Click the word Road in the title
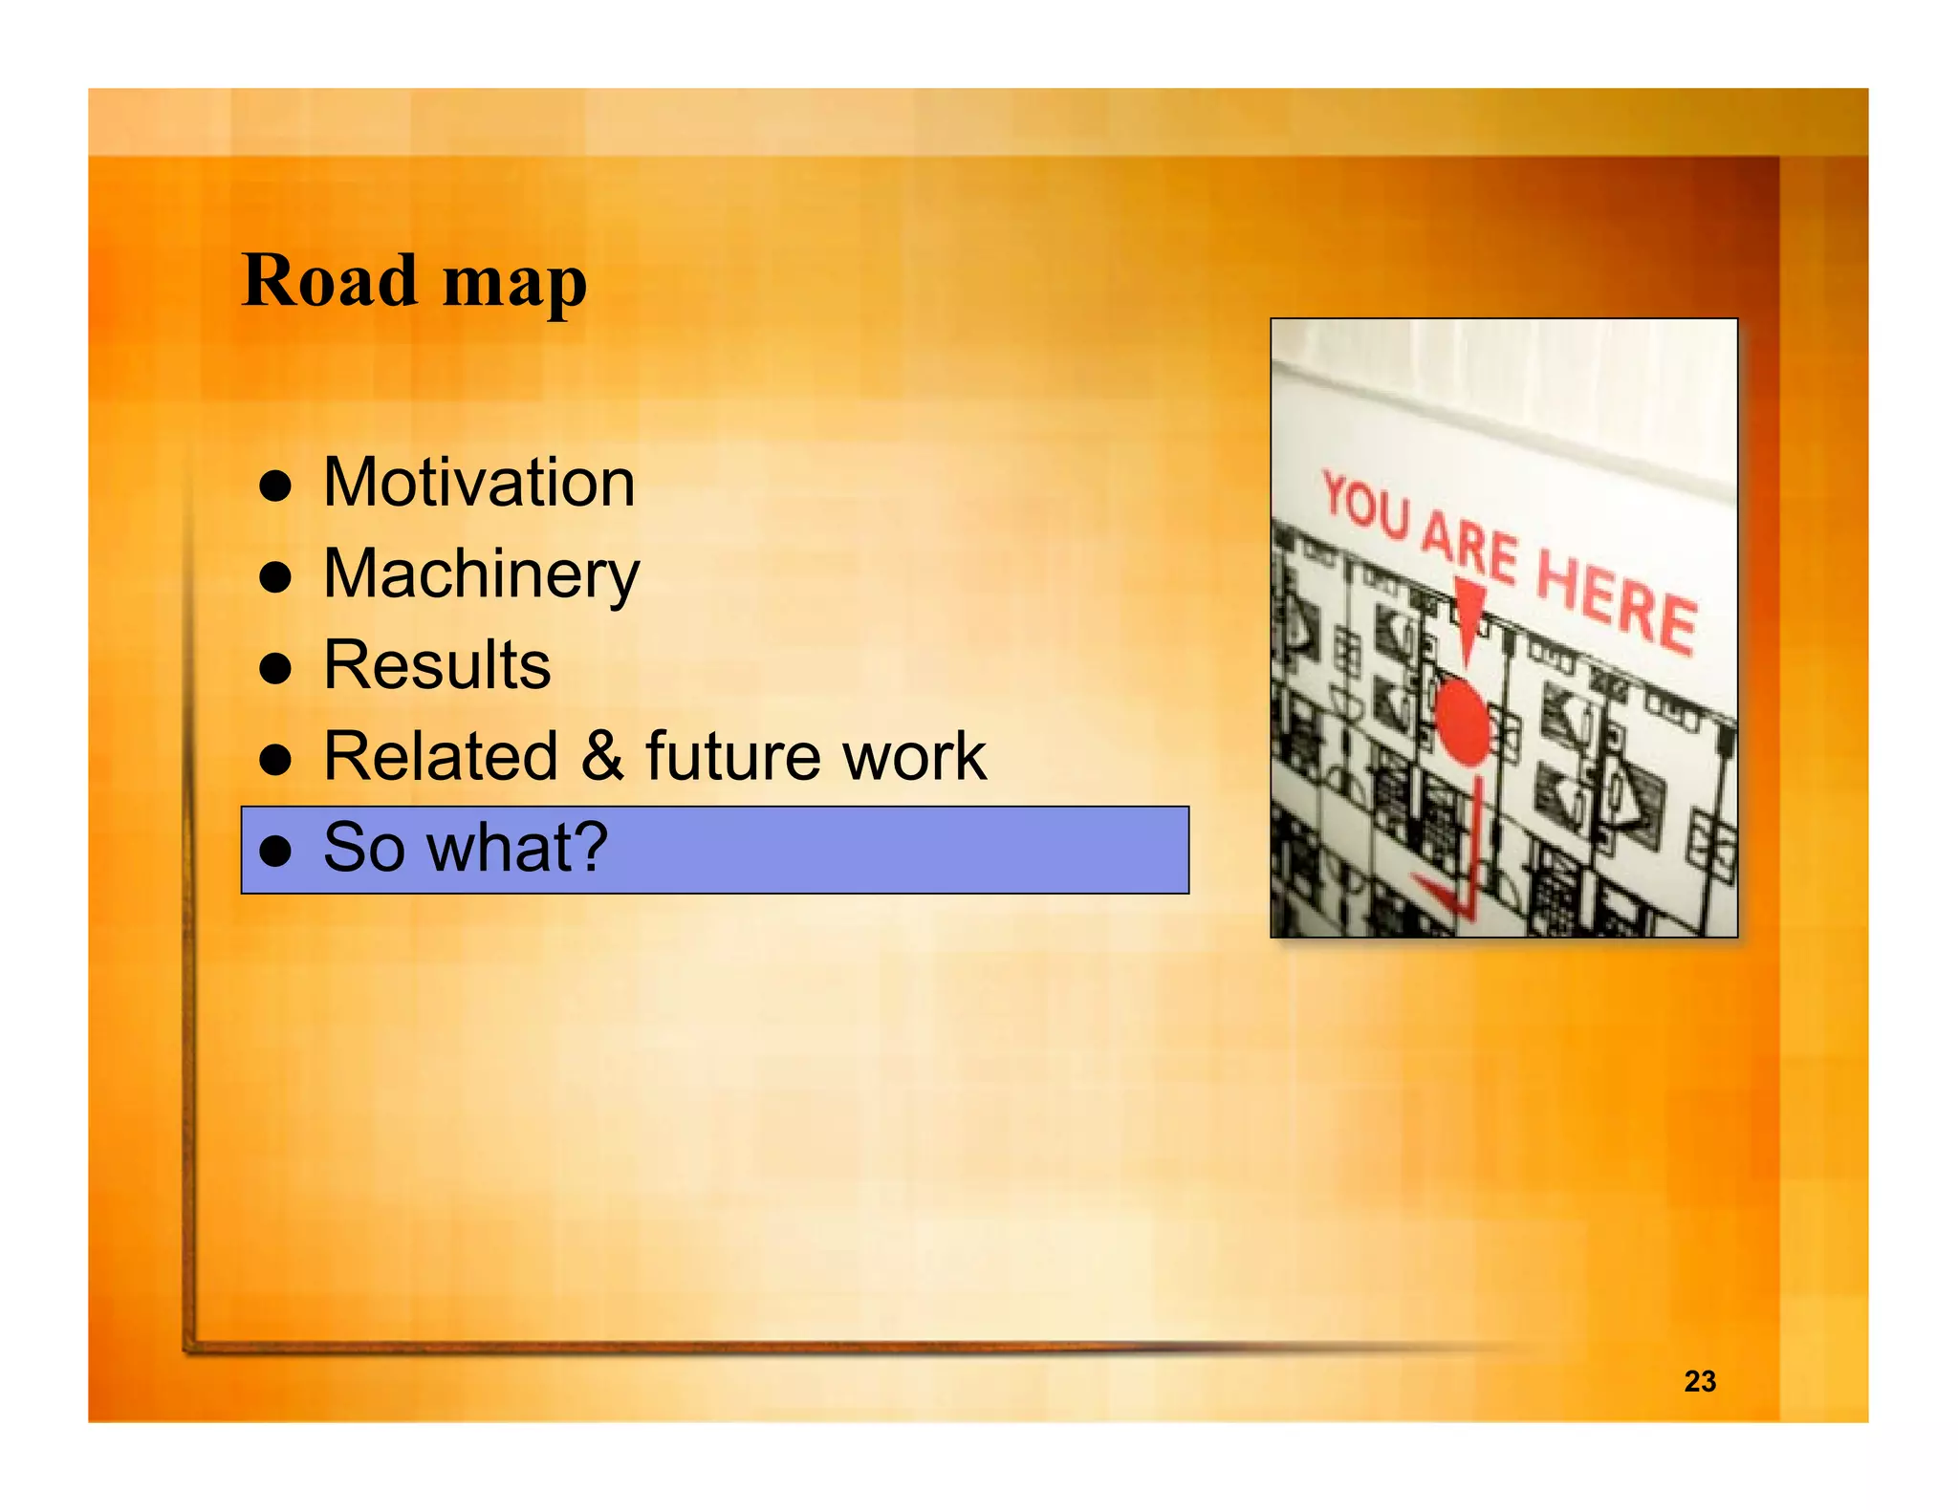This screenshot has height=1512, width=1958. (x=330, y=281)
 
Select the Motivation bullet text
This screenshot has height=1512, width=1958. (x=479, y=483)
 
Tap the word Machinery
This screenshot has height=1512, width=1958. (x=481, y=575)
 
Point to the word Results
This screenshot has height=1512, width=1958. (x=437, y=665)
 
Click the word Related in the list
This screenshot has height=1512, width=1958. (x=441, y=756)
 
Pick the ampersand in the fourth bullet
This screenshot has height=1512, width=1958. (x=601, y=756)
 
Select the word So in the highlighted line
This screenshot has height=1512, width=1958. (x=364, y=848)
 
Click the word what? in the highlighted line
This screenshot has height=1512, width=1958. (x=517, y=848)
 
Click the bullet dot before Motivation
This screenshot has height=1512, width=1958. (x=275, y=486)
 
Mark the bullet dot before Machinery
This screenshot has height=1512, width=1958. (x=275, y=577)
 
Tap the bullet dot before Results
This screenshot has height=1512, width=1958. (x=275, y=668)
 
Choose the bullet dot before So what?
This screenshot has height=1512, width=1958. (x=275, y=851)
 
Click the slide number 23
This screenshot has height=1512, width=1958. (x=1700, y=1381)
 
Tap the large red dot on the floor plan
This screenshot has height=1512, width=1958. (x=1462, y=722)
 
